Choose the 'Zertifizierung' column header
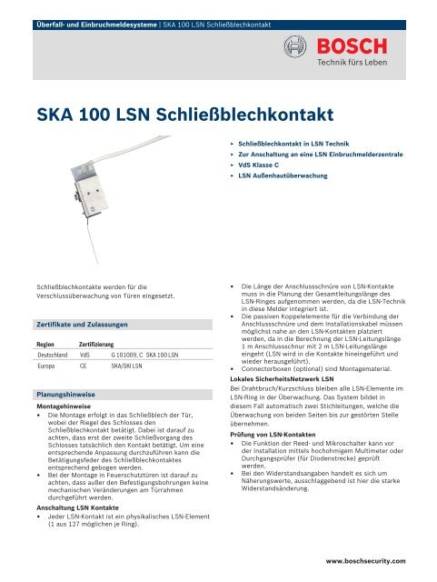(x=96, y=346)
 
